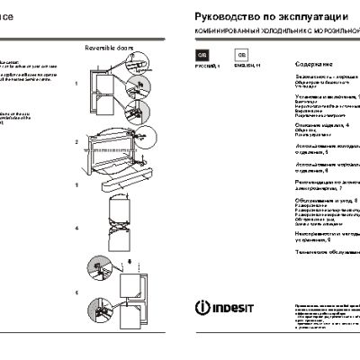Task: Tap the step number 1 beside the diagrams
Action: [77, 82]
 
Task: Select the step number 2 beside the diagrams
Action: [77, 142]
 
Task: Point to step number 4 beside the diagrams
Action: [77, 229]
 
